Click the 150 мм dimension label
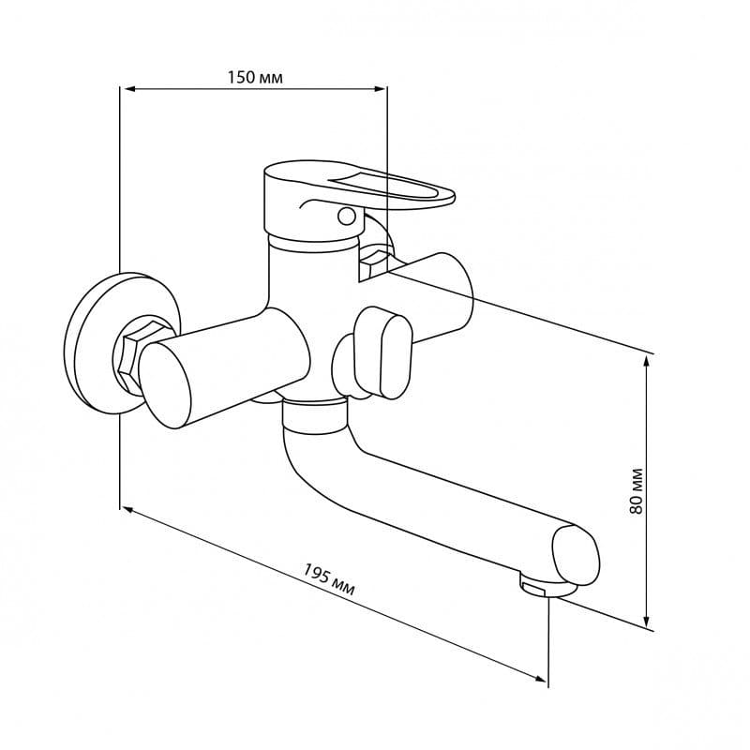254,77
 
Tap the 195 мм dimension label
329,579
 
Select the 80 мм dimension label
637,491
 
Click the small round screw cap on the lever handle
346,216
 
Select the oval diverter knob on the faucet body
382,353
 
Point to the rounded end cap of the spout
576,554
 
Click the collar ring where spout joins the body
314,415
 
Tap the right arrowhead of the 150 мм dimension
381,88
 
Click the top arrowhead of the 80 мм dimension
647,362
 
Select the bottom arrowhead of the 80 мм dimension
647,621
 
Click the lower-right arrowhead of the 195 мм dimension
541,678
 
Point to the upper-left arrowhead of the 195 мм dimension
127,510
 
